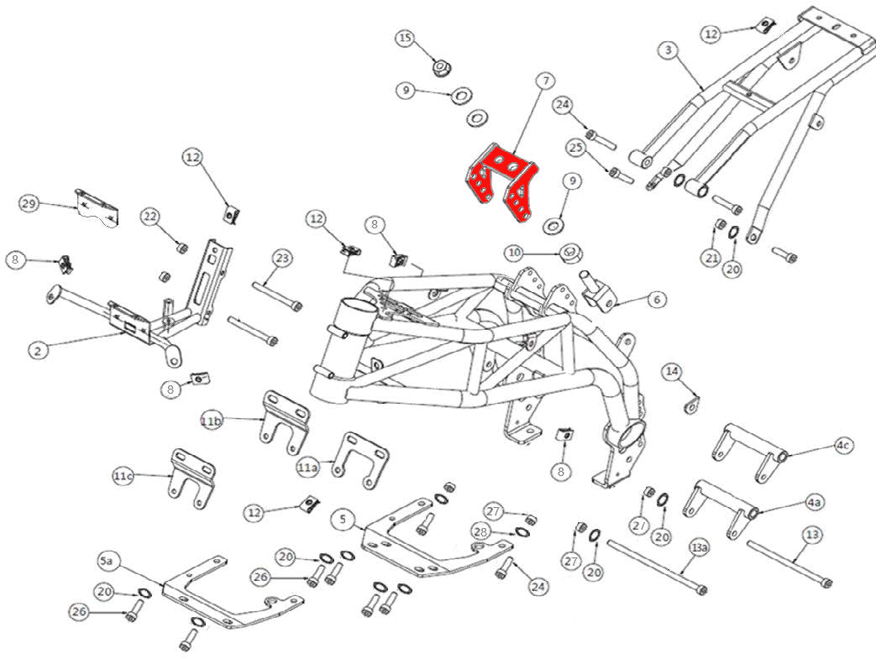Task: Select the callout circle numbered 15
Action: point(406,39)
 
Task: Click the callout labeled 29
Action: point(29,204)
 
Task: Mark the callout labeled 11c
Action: point(123,476)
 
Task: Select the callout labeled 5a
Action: point(107,559)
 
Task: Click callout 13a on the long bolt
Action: point(699,548)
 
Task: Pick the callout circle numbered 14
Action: point(671,372)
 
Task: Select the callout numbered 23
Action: point(281,258)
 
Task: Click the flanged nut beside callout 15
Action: point(439,66)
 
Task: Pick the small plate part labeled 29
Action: point(98,209)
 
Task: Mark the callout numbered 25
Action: point(575,148)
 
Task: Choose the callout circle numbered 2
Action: point(36,352)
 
